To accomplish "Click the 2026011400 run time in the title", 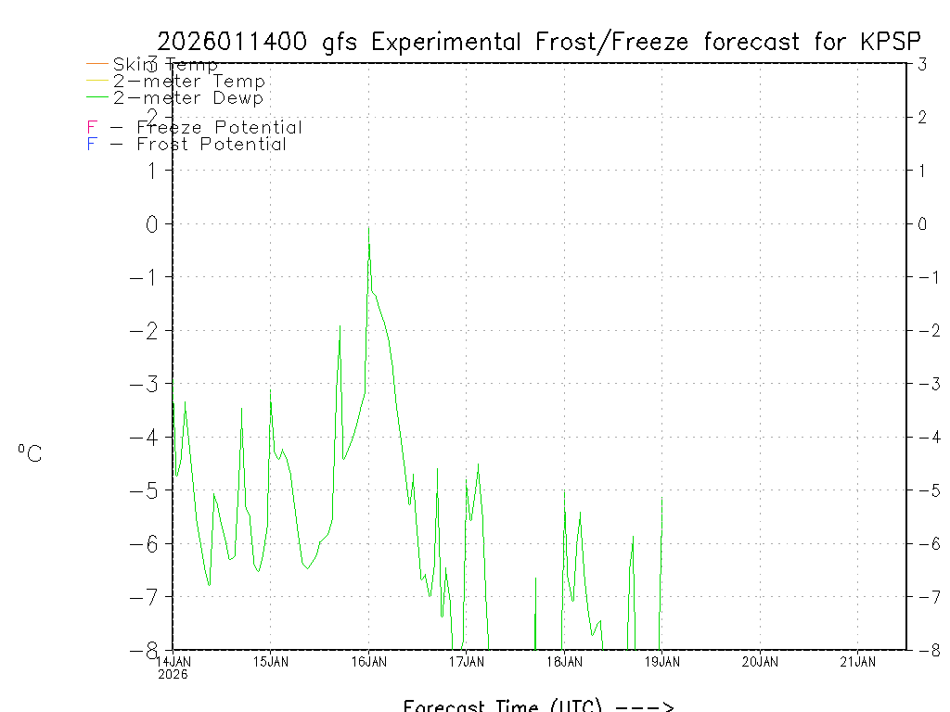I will (x=235, y=42).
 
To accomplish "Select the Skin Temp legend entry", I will (x=165, y=64).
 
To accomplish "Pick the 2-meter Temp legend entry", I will (x=188, y=81).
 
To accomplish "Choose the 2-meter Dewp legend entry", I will (x=188, y=97).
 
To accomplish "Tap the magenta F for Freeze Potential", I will (x=92, y=127).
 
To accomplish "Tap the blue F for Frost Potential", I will (x=92, y=144).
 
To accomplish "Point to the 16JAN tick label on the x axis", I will (x=368, y=661).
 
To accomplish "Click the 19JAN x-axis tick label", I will (x=661, y=661).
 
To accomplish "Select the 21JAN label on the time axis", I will (x=857, y=661).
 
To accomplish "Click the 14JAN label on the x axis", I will (x=173, y=661).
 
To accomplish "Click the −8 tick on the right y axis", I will (x=922, y=650).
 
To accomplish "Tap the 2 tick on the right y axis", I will (x=923, y=117).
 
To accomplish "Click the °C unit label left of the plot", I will (x=30, y=453).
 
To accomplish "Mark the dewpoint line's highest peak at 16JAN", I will (x=368, y=228).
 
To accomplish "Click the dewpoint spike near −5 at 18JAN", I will (x=564, y=491).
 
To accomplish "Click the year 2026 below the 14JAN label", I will (x=173, y=674).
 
